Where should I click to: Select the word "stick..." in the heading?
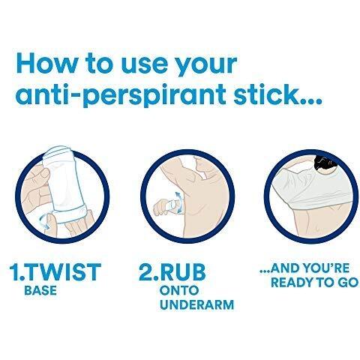pos(277,94)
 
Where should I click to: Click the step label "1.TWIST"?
pos(55,271)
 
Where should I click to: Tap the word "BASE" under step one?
pos(40,290)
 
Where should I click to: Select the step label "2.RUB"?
pos(172,272)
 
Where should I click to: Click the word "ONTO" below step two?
pos(179,290)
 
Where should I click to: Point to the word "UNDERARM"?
pos(197,304)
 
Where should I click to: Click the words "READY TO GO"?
pos(315,282)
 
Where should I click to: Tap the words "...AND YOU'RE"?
pos(304,268)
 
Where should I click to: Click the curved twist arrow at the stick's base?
pos(45,220)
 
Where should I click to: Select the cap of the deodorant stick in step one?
pos(58,152)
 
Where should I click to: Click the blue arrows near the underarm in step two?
pos(178,202)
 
